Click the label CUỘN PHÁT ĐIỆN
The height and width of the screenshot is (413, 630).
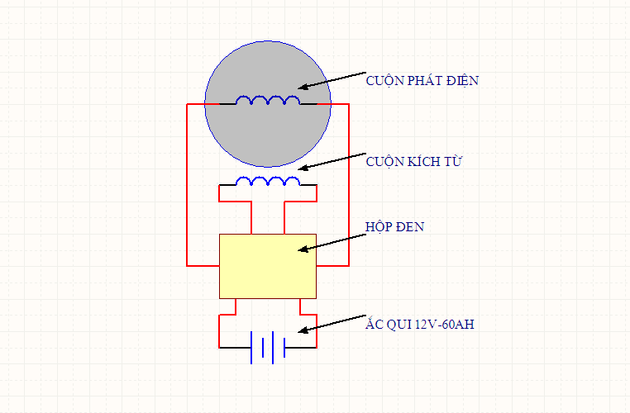coord(422,81)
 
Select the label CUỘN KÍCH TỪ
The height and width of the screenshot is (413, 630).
coord(413,162)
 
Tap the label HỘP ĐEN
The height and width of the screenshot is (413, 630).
coord(394,226)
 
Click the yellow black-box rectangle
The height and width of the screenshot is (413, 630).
coord(267,266)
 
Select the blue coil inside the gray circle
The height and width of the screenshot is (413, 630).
coord(268,101)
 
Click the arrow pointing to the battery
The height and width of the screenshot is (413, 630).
coord(331,323)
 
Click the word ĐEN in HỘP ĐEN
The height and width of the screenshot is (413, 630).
coord(409,226)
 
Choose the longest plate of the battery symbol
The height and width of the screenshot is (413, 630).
coord(251,348)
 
